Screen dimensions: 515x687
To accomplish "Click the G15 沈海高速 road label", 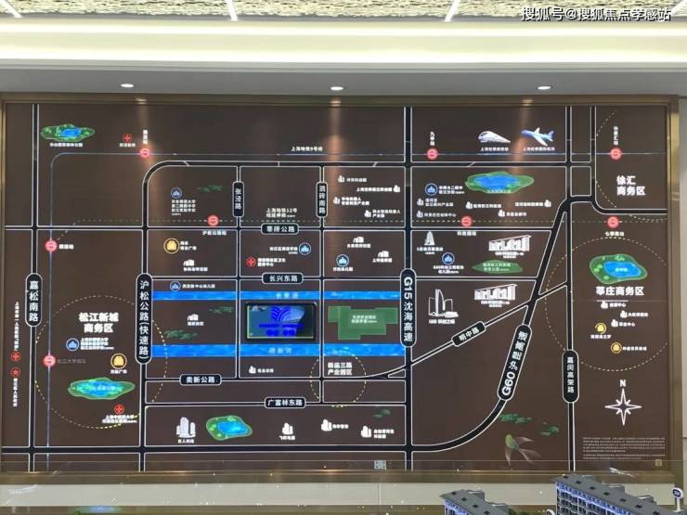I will tap(407, 295).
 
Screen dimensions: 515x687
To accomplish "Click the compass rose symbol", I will tap(622, 406).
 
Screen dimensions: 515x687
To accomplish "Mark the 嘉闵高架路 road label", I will tap(568, 372).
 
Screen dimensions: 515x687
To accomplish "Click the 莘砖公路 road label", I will tap(279, 228).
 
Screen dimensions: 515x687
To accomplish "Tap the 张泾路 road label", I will tap(238, 197).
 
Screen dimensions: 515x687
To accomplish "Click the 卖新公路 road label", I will tap(200, 379).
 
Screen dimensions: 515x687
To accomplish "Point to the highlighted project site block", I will tap(279, 322).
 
